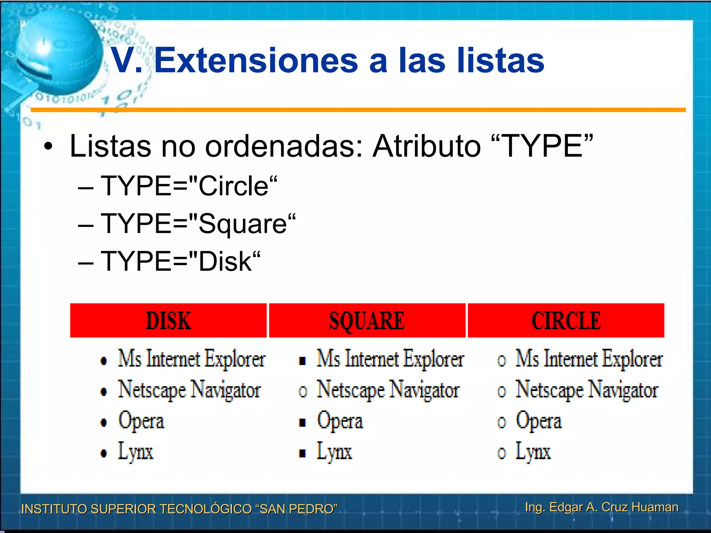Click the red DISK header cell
[x=168, y=320]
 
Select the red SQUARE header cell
[x=367, y=320]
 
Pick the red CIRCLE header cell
[x=566, y=320]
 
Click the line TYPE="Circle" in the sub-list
[x=189, y=186]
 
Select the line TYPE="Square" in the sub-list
[x=198, y=224]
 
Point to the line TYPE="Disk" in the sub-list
[x=181, y=261]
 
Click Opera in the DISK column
[x=141, y=421]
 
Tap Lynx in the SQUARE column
[x=334, y=452]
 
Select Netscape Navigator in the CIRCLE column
[x=587, y=390]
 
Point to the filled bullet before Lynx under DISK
[x=103, y=453]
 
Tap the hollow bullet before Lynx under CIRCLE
[x=501, y=453]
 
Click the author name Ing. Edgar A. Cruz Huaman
[x=602, y=507]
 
